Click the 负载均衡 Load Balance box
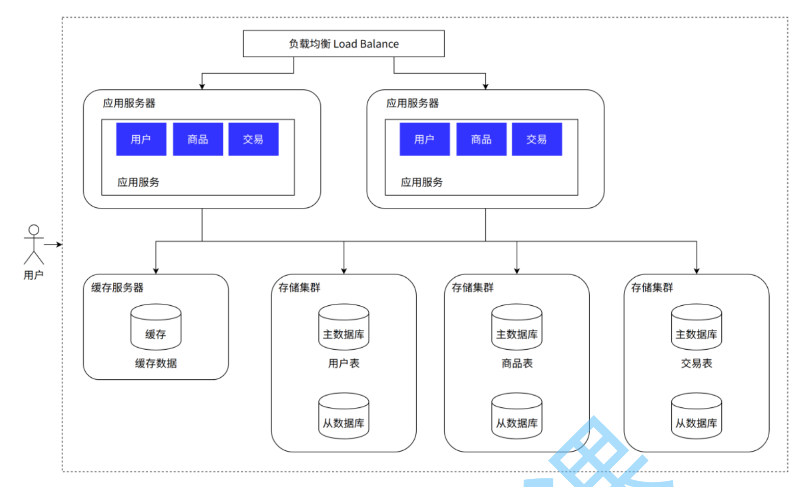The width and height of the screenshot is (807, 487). [343, 44]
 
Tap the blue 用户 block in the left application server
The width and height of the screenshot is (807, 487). [141, 139]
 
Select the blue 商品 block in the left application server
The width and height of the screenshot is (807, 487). [198, 139]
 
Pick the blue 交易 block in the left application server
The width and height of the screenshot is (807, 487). [254, 139]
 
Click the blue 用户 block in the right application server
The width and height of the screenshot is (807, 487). [424, 139]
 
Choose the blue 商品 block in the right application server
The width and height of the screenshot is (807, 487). [481, 139]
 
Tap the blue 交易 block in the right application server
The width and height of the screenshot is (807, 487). [537, 139]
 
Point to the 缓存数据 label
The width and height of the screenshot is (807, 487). [156, 363]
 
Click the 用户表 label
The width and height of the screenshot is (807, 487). [344, 363]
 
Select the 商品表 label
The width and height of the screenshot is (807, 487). [517, 363]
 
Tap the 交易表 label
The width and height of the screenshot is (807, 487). [696, 363]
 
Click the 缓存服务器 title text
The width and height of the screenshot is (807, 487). [117, 288]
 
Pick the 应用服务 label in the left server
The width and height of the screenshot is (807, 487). [138, 182]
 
